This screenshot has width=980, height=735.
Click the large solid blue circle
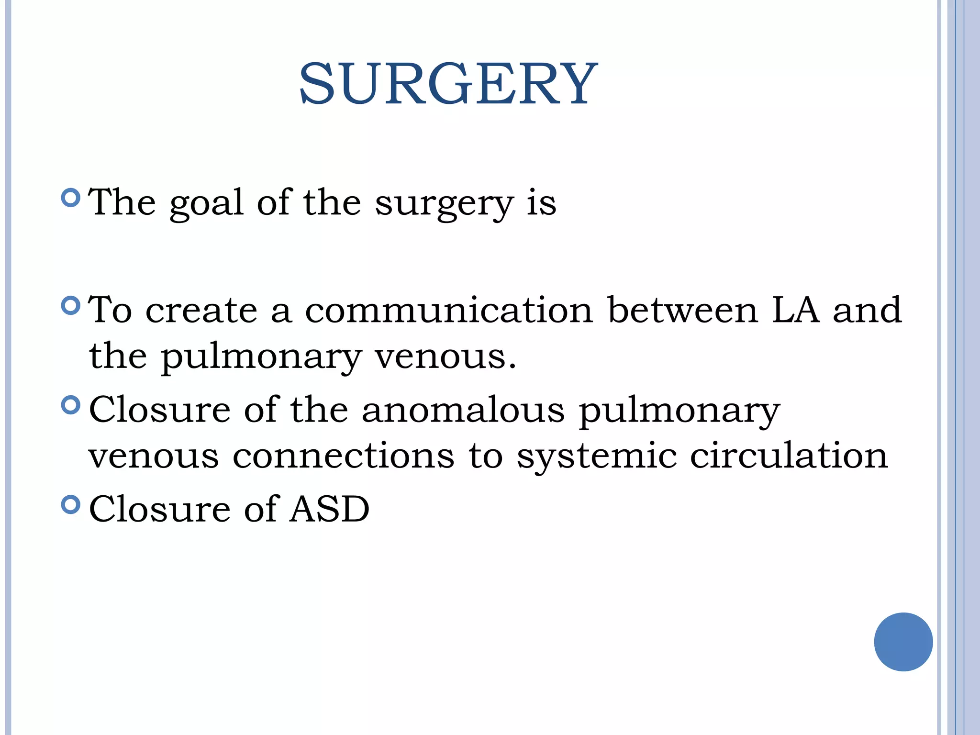coord(903,642)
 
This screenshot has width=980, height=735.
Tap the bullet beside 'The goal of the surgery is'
coord(71,197)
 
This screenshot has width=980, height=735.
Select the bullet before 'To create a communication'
coord(71,305)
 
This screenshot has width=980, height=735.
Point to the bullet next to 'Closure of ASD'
coord(71,504)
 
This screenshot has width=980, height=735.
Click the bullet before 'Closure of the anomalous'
coord(71,405)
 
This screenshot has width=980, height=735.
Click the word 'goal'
coord(207,203)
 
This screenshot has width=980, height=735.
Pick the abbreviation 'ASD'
coord(330,509)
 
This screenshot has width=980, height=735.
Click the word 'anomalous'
coord(463,410)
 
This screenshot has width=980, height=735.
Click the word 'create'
coord(201,311)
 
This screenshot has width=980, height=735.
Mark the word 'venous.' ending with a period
coord(445,357)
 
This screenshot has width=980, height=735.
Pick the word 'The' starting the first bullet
coord(122,202)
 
